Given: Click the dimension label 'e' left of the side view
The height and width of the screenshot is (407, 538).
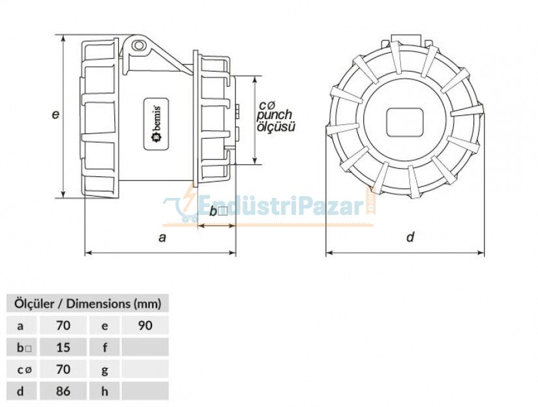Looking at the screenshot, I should (56, 114).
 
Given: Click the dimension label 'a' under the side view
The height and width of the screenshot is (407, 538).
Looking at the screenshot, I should (162, 238).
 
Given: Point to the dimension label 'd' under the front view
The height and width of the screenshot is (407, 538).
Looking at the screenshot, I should (410, 238).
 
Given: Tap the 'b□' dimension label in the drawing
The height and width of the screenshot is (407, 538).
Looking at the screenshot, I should (217, 211).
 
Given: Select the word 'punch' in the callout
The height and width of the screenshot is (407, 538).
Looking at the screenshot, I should (274, 115).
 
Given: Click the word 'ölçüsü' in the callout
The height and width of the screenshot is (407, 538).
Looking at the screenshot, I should (276, 126).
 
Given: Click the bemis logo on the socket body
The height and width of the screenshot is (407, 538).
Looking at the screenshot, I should (157, 124).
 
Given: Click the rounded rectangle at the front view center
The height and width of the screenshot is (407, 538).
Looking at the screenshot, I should (405, 122).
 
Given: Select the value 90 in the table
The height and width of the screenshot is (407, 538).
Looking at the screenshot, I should (144, 325).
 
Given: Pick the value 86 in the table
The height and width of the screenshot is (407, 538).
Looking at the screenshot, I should (63, 391).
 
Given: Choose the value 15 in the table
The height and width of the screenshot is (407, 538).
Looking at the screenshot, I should (63, 347).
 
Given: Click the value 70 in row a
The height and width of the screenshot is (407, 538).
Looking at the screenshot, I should (63, 325).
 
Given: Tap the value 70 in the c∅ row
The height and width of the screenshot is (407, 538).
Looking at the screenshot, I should (63, 369).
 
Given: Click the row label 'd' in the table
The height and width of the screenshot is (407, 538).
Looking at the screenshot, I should (20, 391).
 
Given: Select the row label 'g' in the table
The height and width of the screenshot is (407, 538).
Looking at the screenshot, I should (104, 369).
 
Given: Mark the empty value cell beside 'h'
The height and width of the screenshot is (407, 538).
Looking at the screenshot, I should (144, 391).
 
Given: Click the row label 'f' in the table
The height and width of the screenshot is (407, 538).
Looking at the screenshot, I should (104, 347).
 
